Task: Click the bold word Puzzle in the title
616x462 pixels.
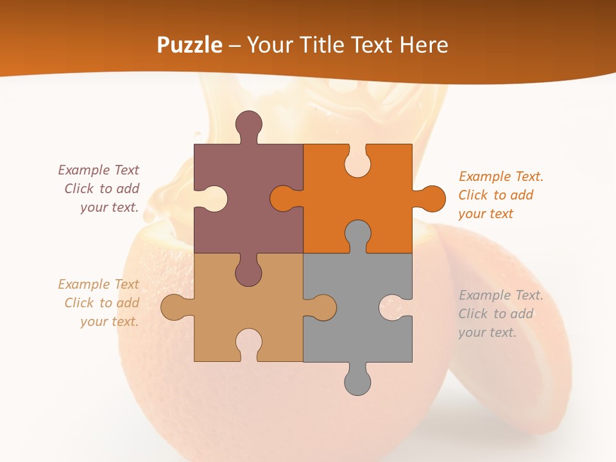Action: pos(190,45)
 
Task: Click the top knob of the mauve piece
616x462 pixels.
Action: pos(249,124)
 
